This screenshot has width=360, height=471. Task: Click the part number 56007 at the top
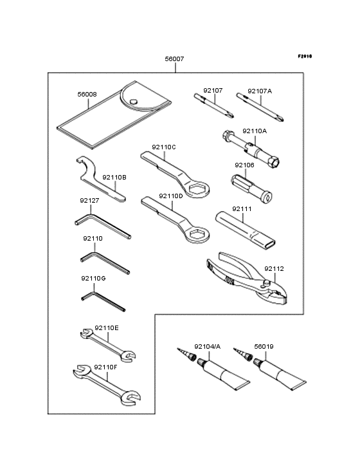(174, 59)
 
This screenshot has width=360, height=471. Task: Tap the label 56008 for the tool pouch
(87, 95)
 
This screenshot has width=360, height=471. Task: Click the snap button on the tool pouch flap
(134, 102)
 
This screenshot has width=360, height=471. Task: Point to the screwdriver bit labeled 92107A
(260, 107)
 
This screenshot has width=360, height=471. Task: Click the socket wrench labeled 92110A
(251, 149)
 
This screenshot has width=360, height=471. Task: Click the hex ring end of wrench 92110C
(197, 190)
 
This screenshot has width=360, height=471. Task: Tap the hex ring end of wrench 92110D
(197, 234)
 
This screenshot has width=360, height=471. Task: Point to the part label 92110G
(93, 279)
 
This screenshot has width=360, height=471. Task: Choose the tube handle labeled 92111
(245, 228)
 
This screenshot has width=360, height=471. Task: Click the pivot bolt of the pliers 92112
(266, 282)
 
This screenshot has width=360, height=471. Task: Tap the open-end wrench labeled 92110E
(108, 345)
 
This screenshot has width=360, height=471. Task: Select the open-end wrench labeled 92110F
(107, 385)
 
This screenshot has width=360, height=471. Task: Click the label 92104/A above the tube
(207, 347)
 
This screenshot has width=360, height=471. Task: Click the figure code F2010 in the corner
(305, 56)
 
